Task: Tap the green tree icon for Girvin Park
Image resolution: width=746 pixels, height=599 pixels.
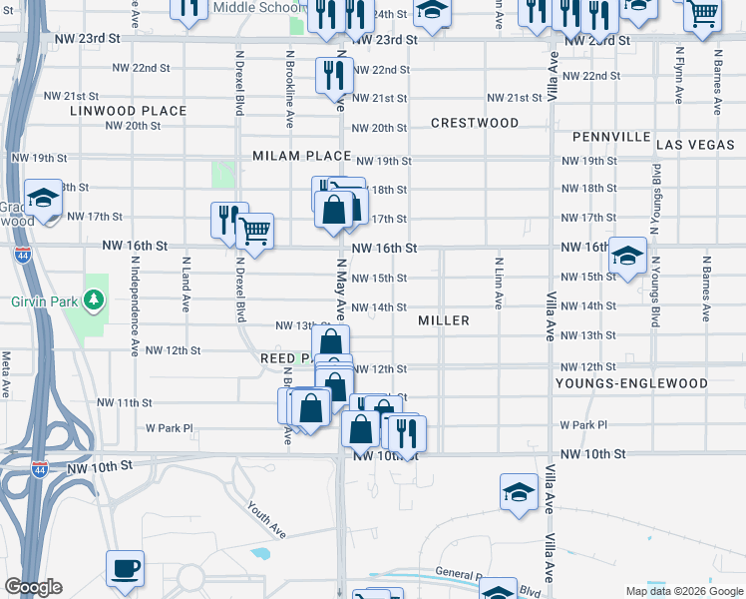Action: (x=93, y=299)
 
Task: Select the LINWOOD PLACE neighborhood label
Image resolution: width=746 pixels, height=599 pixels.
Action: (x=129, y=111)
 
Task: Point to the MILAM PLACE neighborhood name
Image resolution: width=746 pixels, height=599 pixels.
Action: (x=301, y=157)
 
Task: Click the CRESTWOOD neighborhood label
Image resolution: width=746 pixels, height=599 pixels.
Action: (x=475, y=123)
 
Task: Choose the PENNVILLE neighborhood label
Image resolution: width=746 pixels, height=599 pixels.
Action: (x=611, y=137)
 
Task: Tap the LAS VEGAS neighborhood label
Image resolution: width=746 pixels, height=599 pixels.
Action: (x=695, y=145)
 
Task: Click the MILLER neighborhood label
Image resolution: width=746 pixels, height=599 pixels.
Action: (x=444, y=320)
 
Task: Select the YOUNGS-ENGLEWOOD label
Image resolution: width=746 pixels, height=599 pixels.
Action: (x=632, y=383)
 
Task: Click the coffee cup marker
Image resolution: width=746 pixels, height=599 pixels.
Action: (x=126, y=568)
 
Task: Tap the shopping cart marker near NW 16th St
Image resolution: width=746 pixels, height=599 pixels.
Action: (x=255, y=232)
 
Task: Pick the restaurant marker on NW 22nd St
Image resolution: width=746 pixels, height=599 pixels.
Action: (x=333, y=74)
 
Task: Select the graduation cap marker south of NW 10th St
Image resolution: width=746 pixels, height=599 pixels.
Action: (x=519, y=492)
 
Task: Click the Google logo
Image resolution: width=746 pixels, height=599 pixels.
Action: (x=33, y=587)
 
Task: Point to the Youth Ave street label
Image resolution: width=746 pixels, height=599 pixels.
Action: (x=266, y=519)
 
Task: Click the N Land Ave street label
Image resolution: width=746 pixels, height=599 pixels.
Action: (x=186, y=284)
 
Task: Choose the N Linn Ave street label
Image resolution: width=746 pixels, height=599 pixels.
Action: (x=497, y=282)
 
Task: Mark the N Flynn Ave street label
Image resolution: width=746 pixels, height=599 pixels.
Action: (x=678, y=76)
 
